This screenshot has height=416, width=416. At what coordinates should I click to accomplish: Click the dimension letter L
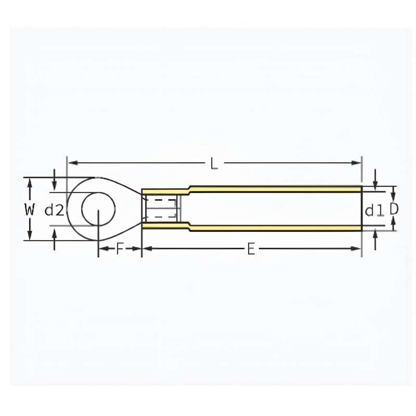pyautogui.click(x=214, y=163)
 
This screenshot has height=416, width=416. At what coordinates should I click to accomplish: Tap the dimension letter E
pyautogui.click(x=251, y=249)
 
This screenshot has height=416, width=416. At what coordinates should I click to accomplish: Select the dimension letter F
pyautogui.click(x=120, y=249)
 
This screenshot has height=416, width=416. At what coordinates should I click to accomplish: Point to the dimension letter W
pyautogui.click(x=30, y=210)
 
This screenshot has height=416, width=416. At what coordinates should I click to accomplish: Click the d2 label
pyautogui.click(x=54, y=211)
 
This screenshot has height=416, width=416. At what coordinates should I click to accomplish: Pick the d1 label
pyautogui.click(x=374, y=211)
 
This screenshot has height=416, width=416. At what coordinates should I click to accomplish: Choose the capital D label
pyautogui.click(x=394, y=210)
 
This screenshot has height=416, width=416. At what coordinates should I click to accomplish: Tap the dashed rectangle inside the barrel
pyautogui.click(x=161, y=209)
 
